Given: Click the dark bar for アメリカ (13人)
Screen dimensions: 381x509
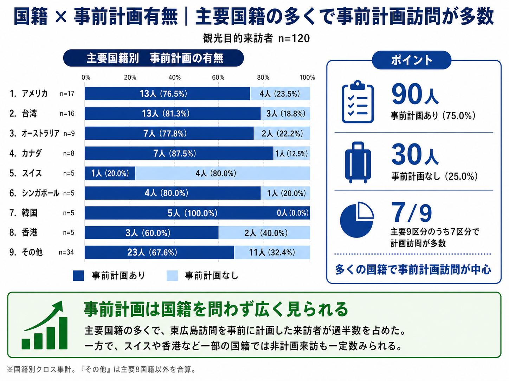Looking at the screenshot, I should [167, 94].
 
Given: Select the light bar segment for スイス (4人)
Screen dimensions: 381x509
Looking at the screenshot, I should [223, 173].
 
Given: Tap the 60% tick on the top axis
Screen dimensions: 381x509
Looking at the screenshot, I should [218, 78].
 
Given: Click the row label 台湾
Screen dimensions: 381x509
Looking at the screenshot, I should [29, 113].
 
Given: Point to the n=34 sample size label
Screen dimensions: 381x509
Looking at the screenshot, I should [66, 252].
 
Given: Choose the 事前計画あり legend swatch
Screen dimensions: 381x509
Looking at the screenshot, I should [78, 276].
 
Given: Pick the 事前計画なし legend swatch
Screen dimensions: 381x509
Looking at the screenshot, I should [172, 276].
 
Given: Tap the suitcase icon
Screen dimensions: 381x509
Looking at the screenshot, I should [358, 162].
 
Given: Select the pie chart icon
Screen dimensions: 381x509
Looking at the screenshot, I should [357, 220].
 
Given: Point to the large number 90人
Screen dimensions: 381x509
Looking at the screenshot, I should [415, 94].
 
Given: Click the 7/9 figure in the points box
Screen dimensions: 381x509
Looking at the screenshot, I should [411, 213].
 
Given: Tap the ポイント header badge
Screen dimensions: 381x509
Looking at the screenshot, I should [411, 60].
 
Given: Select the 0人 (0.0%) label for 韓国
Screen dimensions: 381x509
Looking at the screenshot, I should [292, 213].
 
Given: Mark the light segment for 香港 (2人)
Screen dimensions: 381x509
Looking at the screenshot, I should [264, 233].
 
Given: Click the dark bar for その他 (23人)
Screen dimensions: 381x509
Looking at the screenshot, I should [159, 253].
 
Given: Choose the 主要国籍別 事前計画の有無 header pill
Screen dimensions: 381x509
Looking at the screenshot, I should [154, 58].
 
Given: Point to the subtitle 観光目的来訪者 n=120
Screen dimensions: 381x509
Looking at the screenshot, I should [256, 38].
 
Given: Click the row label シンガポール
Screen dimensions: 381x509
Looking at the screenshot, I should [40, 193].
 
